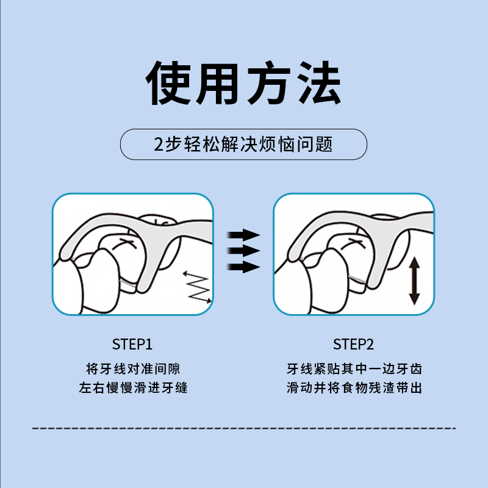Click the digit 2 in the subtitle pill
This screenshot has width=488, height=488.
tap(159, 145)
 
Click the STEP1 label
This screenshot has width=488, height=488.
tap(132, 345)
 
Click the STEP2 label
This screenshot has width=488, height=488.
tap(354, 345)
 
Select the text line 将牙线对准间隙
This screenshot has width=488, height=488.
tap(132, 369)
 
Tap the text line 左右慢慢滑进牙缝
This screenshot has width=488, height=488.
tap(132, 388)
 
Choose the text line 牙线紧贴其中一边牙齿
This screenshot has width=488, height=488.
tap(354, 369)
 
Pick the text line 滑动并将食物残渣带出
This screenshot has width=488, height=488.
tap(354, 388)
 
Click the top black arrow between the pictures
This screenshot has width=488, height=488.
tap(243, 235)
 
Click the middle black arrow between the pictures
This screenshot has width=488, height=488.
tap(243, 251)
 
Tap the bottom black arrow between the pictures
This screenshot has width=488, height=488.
tap(243, 266)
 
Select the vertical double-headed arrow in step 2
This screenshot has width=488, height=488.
tap(414, 281)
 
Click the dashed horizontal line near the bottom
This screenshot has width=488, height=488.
tap(244, 428)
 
